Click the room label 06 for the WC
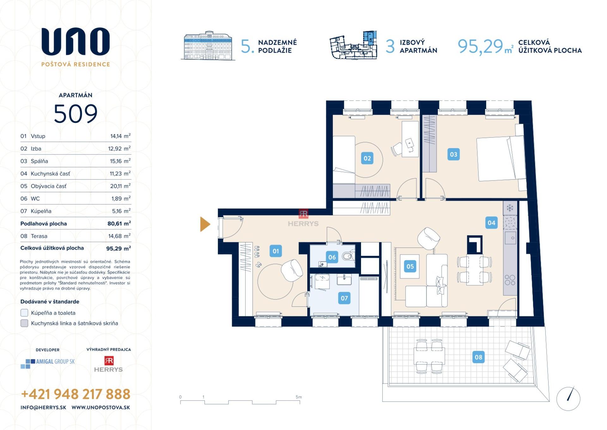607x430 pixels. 332,257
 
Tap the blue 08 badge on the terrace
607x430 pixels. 478,357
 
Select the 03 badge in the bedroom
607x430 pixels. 453,155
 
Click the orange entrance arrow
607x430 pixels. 205,224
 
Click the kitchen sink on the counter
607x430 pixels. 510,238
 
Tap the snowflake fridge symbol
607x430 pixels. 510,208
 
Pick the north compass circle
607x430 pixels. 568,399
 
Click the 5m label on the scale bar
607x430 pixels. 298,397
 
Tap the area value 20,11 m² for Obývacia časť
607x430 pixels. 120,186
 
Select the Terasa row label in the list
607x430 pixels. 39,236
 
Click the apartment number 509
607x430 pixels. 76,114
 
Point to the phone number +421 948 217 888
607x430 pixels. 76,394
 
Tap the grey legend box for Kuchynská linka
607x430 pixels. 24,323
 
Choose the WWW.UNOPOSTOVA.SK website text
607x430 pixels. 101,408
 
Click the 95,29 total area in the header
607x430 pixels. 480,47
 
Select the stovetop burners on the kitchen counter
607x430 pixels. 510,280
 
